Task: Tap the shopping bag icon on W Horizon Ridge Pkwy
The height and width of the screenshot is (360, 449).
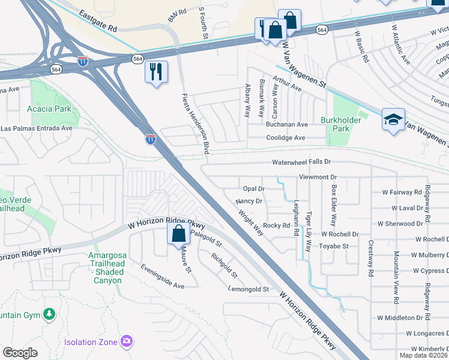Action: pyautogui.click(x=178, y=233)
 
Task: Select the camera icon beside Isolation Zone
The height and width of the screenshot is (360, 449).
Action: pyautogui.click(x=126, y=341)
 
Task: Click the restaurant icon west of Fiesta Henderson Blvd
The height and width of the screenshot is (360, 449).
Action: pyautogui.click(x=156, y=72)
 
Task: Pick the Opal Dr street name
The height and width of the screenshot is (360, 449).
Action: pyautogui.click(x=253, y=188)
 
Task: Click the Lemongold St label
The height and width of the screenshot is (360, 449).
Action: pyautogui.click(x=248, y=289)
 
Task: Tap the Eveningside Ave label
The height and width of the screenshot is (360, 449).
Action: pyautogui.click(x=162, y=277)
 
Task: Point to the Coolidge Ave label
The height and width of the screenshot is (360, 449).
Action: pyautogui.click(x=287, y=137)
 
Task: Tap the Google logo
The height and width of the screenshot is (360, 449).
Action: pyautogui.click(x=20, y=352)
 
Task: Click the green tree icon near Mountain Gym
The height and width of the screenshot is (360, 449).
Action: pyautogui.click(x=49, y=314)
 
